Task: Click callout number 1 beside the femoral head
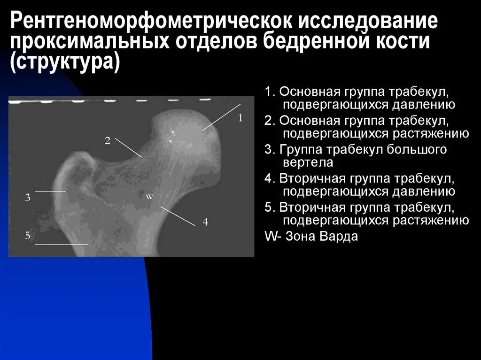click(x=240, y=118)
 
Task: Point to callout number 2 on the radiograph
click(x=108, y=140)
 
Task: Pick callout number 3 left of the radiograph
click(x=28, y=198)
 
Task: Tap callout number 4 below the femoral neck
click(x=205, y=222)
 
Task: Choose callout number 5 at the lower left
click(x=28, y=236)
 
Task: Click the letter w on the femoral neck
click(x=149, y=197)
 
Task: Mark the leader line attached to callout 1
click(x=222, y=117)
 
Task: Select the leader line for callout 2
click(x=128, y=147)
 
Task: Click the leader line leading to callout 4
click(x=177, y=216)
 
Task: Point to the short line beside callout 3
click(x=51, y=191)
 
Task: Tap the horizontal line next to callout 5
click(x=62, y=245)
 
